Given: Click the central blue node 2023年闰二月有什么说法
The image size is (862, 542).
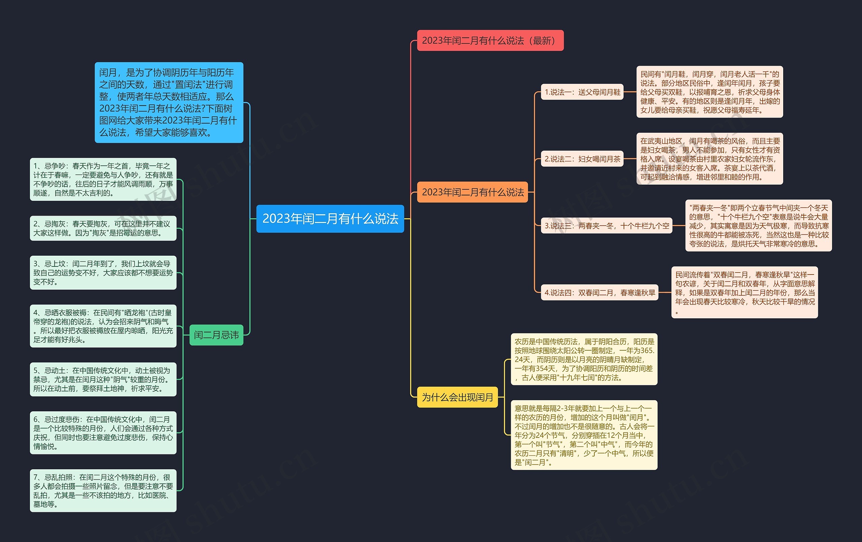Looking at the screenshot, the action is (330, 219).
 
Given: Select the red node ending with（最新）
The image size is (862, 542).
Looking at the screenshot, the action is (490, 40).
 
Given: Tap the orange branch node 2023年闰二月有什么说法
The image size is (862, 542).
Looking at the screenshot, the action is (472, 192).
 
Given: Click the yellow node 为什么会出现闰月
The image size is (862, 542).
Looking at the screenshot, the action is (458, 397).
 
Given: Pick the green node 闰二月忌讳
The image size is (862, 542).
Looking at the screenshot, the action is (216, 335).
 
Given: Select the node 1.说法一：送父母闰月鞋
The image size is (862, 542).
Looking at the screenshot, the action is (582, 92).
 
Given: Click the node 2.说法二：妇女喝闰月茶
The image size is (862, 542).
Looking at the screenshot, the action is (582, 159).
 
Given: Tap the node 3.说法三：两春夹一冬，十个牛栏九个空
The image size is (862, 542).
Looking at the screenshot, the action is (606, 226).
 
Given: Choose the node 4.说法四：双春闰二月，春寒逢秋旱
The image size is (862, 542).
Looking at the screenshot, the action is (600, 293).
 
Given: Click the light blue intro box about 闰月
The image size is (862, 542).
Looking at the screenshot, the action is (169, 102).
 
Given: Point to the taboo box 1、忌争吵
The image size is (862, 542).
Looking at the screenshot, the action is (103, 180).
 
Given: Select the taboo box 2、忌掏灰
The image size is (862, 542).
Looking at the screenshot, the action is (103, 228).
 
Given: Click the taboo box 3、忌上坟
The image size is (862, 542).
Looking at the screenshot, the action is (103, 273).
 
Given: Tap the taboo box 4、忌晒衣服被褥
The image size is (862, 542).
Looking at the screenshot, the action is (103, 326).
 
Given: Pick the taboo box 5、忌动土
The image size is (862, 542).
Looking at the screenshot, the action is (103, 379).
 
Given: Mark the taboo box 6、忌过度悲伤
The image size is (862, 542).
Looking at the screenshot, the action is (103, 433).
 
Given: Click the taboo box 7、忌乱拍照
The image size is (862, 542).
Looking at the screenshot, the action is (103, 490).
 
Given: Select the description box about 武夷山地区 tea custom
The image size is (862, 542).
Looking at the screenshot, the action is (709, 159).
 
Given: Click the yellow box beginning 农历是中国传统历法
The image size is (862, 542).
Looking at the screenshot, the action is (584, 359).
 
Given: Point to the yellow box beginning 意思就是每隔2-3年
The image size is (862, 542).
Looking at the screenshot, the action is (584, 435).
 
